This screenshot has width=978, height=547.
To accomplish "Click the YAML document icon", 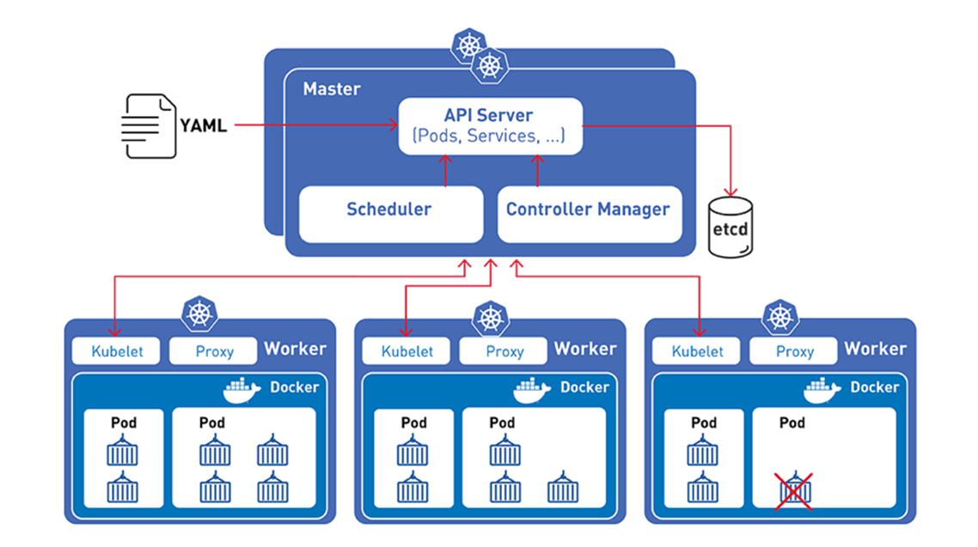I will tap(148, 126).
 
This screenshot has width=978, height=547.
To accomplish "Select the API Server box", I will tap(490, 126).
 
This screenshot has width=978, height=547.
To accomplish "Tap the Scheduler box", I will tap(390, 210).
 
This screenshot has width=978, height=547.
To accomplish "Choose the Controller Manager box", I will tap(589, 210).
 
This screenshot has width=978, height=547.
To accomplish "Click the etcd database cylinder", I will tap(730, 228).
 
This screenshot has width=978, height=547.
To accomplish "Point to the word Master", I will tap(332, 89).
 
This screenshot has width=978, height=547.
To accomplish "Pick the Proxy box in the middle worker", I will tap(504, 351).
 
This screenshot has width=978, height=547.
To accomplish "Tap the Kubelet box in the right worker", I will tap(698, 351).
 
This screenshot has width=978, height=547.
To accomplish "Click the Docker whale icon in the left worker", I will tap(241, 390).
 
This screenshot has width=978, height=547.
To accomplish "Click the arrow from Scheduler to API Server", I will tap(445, 171).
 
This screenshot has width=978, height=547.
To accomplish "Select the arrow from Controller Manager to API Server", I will tap(538, 171).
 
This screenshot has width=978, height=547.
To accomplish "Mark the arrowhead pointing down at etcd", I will tap(730, 191).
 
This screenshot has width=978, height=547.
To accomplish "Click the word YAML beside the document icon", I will tap(204, 126).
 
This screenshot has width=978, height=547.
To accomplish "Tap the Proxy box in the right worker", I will tap(794, 351).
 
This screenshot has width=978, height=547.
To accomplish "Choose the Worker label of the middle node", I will tap(585, 349).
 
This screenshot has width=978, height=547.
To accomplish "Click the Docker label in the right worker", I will tap(874, 387).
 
